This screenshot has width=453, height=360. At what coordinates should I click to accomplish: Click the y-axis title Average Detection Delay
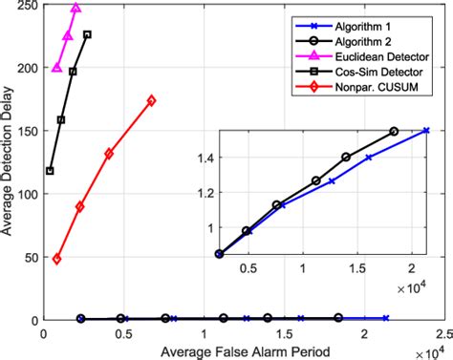point(9,162)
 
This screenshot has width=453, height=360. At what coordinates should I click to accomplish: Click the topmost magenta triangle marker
point(75,9)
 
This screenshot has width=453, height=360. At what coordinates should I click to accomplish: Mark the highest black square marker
point(87,34)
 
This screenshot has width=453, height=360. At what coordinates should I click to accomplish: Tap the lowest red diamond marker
point(56,259)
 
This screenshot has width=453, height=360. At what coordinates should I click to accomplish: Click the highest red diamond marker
point(151,100)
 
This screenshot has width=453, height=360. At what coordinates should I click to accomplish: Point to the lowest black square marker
point(50,171)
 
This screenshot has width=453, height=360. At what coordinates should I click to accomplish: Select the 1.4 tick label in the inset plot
point(198,159)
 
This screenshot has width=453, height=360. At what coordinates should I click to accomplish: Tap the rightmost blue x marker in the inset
point(426,131)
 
